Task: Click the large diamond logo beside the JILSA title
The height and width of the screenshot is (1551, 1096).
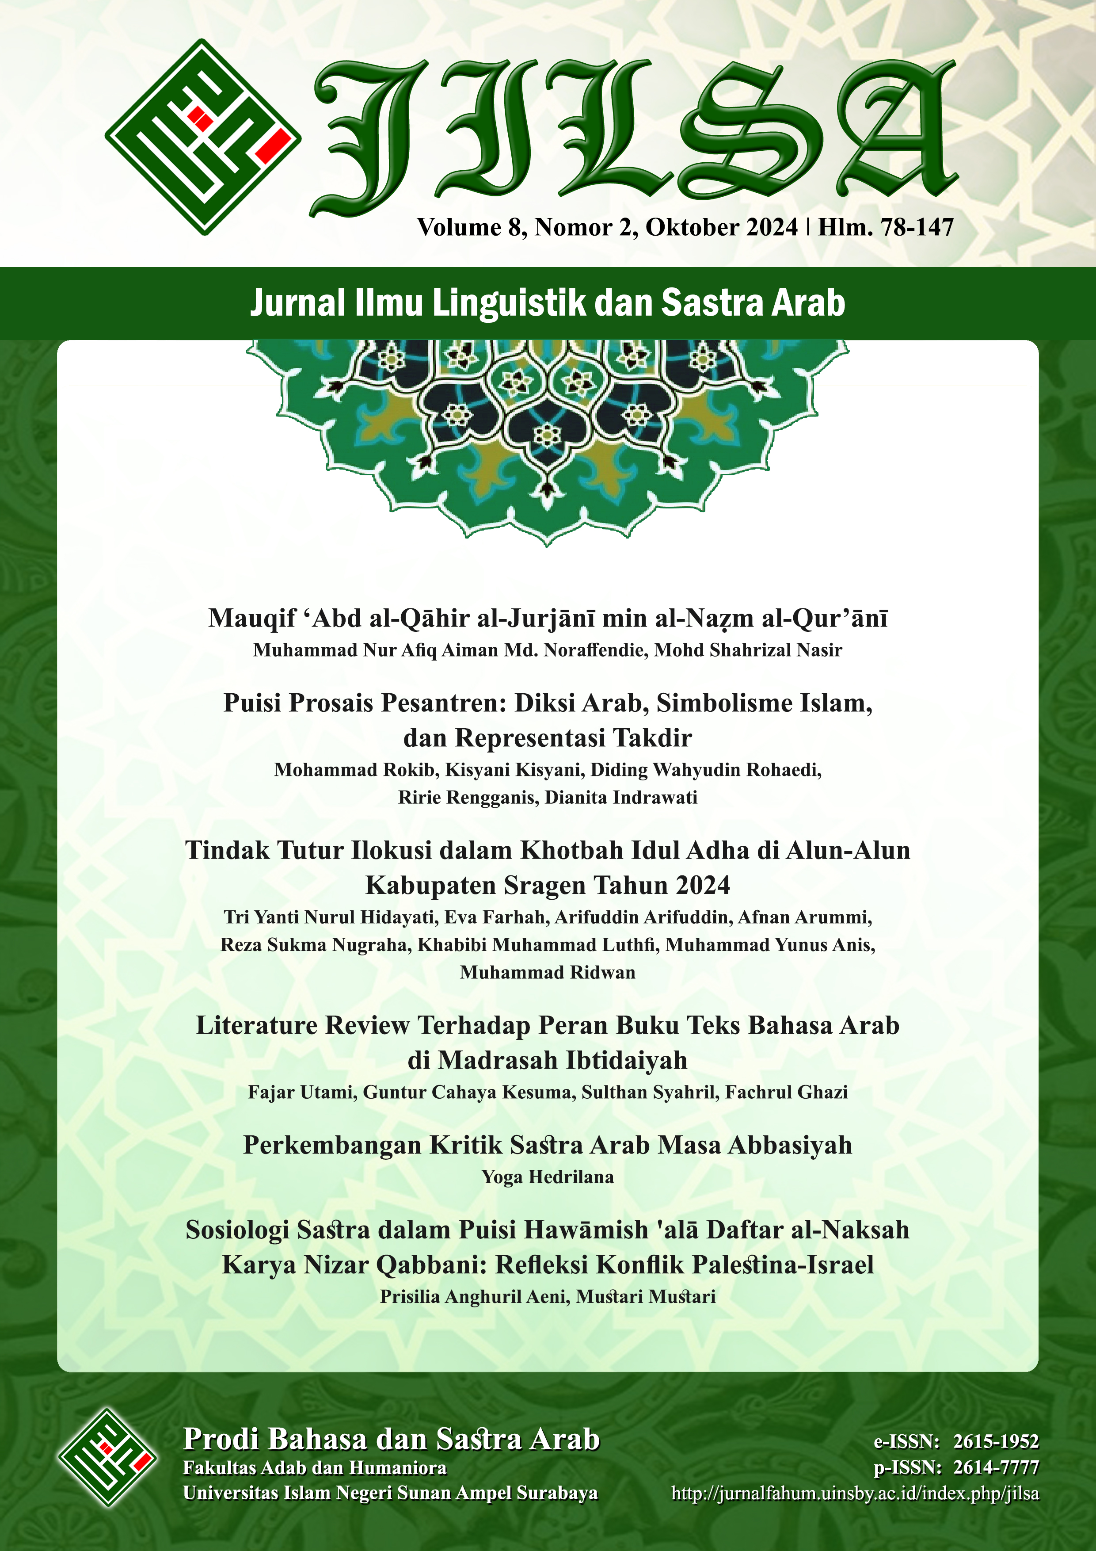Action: (202, 137)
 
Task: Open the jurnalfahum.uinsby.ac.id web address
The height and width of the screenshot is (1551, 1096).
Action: (855, 1493)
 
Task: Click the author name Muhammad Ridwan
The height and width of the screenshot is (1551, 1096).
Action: (548, 972)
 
